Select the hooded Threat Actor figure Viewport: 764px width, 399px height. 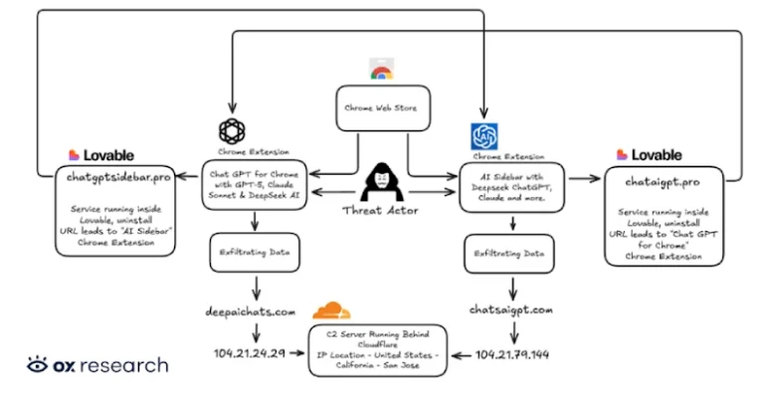[x=383, y=183]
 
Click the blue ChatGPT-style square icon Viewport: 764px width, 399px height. [x=484, y=136]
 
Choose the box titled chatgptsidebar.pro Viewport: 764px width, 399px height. [x=119, y=212]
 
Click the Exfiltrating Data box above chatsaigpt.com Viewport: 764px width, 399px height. [x=508, y=254]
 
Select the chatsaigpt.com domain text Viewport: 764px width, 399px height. [x=509, y=310]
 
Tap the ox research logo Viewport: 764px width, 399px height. [x=97, y=365]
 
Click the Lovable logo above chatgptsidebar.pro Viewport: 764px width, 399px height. [x=100, y=155]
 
